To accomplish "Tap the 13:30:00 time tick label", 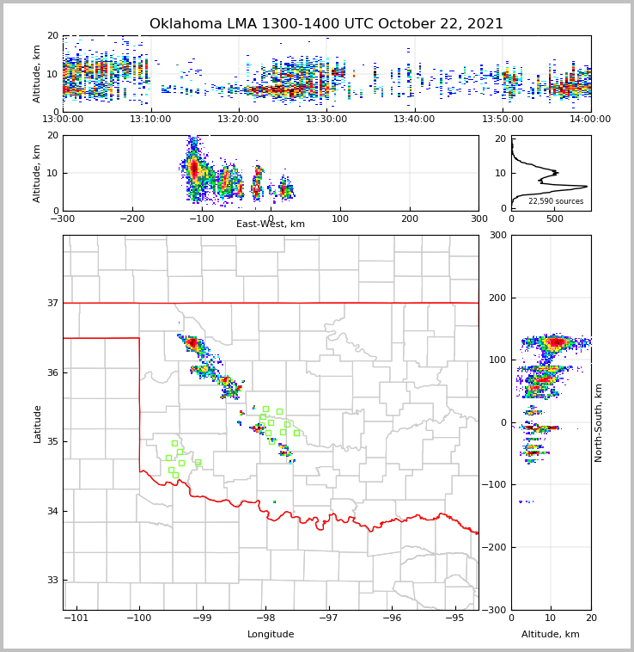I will click(x=326, y=120).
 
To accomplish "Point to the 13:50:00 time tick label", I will click(x=503, y=120).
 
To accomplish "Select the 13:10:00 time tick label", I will click(x=150, y=120).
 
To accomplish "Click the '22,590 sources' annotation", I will click(x=556, y=201).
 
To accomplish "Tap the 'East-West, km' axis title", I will click(x=271, y=225).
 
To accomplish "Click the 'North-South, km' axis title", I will click(x=599, y=422).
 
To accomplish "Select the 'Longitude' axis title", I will click(x=271, y=635).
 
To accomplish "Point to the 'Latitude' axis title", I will click(x=38, y=423).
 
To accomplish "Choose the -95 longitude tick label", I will click(x=454, y=618).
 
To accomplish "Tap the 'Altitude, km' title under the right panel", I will click(x=551, y=635).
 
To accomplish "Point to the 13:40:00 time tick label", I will click(x=415, y=120).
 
